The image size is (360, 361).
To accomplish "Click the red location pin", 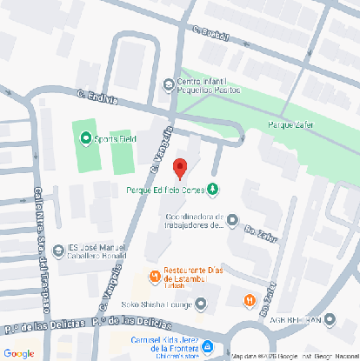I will (x=180, y=168).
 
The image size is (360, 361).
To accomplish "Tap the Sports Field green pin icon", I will (x=85, y=137).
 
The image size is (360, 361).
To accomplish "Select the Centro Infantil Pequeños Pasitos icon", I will (x=169, y=84).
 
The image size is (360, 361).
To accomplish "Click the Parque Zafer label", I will (x=290, y=124).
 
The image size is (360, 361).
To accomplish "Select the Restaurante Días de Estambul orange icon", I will (x=154, y=277).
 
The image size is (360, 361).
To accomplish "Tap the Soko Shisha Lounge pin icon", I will (x=201, y=304).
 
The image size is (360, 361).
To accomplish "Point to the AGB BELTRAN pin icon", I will (x=330, y=320).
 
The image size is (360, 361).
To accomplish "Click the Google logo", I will (x=18, y=353).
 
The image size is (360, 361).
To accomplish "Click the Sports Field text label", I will (x=114, y=137).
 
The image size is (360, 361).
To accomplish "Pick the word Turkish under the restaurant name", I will (x=177, y=284).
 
